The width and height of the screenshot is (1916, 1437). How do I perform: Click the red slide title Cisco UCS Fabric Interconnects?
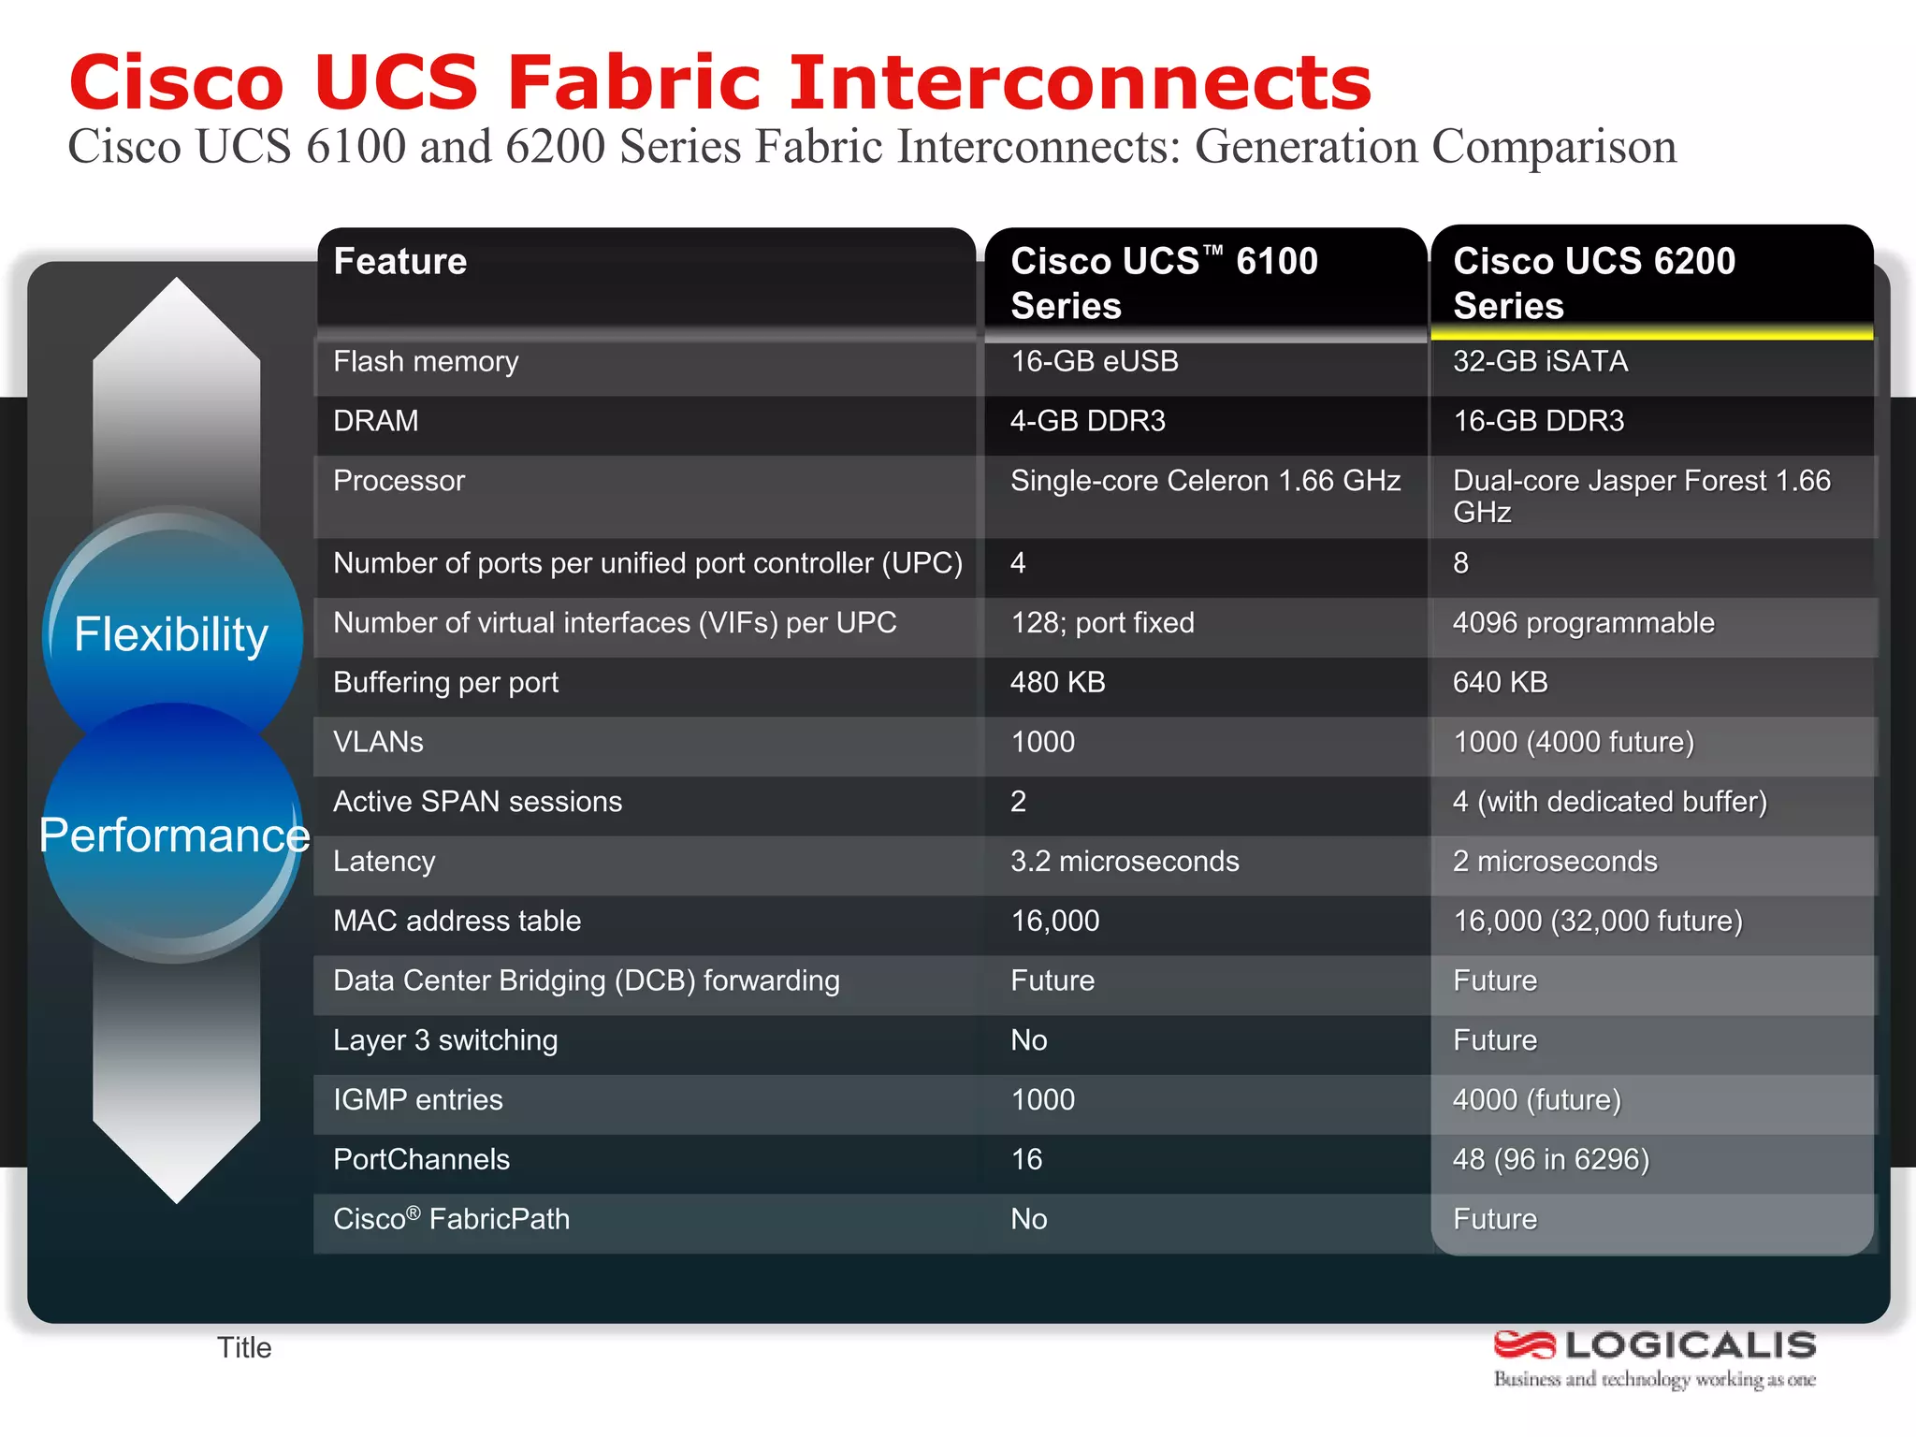point(719,82)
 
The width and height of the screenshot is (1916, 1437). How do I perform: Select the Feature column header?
point(400,262)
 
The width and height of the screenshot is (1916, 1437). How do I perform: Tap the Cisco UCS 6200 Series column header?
point(1593,283)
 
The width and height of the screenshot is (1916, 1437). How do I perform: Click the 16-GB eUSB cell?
point(1095,361)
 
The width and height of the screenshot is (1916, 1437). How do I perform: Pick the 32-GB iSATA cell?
point(1540,361)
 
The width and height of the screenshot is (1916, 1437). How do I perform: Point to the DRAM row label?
point(376,421)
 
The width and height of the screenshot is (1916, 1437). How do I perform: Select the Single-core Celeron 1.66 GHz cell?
point(1205,481)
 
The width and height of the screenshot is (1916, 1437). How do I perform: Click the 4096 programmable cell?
point(1583,623)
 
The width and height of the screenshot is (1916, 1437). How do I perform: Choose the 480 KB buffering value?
point(1057,683)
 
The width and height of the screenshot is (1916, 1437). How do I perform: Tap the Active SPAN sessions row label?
point(477,802)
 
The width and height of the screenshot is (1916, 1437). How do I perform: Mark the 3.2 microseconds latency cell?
point(1125,862)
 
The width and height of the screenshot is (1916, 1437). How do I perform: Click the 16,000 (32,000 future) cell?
point(1597,922)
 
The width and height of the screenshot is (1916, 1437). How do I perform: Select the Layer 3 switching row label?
point(445,1040)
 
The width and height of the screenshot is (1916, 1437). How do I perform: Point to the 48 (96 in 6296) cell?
point(1550,1160)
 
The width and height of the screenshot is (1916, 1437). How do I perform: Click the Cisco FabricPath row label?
point(451,1220)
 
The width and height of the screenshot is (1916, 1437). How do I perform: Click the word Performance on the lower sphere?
point(174,835)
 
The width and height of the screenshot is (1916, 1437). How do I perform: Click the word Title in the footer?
point(244,1348)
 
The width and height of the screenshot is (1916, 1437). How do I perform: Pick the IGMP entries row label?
point(418,1100)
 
